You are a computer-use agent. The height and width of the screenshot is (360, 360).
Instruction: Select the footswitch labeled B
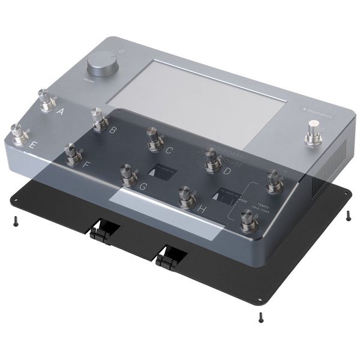click(98, 119)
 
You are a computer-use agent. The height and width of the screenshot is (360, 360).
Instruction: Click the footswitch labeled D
click(211, 160)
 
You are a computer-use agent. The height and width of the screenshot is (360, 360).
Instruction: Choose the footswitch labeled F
click(73, 155)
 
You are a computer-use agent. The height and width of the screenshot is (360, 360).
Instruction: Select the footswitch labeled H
click(186, 196)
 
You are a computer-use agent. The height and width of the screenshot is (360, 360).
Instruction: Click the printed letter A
click(60, 111)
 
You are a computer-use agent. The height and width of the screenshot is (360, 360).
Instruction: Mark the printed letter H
click(202, 209)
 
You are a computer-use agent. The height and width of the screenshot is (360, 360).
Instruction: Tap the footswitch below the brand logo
click(313, 132)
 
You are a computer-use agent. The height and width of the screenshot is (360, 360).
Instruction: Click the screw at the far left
click(13, 222)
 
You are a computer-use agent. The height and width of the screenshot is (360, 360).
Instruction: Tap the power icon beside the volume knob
click(122, 52)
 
